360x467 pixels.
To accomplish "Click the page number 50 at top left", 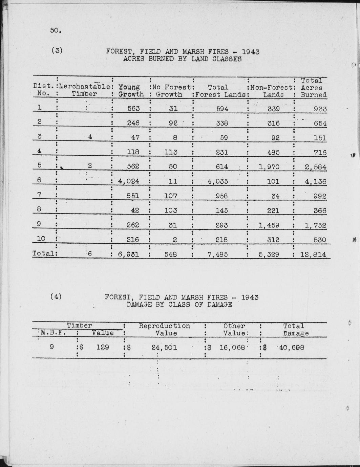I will [x=56, y=30].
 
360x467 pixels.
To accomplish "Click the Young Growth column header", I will [x=131, y=91].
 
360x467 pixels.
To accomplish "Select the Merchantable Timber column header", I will [x=84, y=90].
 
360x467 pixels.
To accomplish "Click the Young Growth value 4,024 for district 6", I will [x=129, y=181].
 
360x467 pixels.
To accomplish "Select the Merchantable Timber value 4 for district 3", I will [x=90, y=137].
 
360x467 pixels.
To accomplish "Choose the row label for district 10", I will [x=41, y=239].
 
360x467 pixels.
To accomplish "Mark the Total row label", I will [x=43, y=253].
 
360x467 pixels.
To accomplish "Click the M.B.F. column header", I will [x=53, y=333].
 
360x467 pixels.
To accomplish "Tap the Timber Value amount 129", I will [x=103, y=347].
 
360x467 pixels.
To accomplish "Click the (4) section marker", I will [x=56, y=297].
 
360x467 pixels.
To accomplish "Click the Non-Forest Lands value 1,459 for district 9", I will [x=269, y=225].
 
